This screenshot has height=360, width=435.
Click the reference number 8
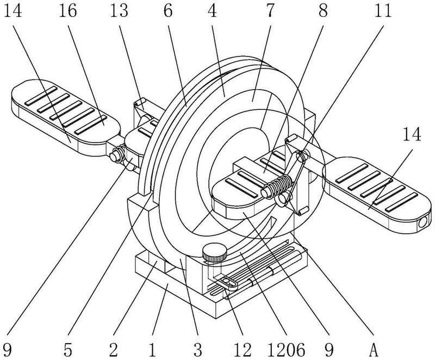[x=324, y=11]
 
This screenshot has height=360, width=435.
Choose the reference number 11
[x=383, y=11]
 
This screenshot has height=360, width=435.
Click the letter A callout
[x=373, y=348]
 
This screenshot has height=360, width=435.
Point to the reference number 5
[x=67, y=348]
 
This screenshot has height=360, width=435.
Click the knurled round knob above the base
[x=214, y=252]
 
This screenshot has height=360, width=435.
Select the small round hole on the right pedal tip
[x=422, y=223]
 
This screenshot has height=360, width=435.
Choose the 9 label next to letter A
[x=330, y=348]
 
